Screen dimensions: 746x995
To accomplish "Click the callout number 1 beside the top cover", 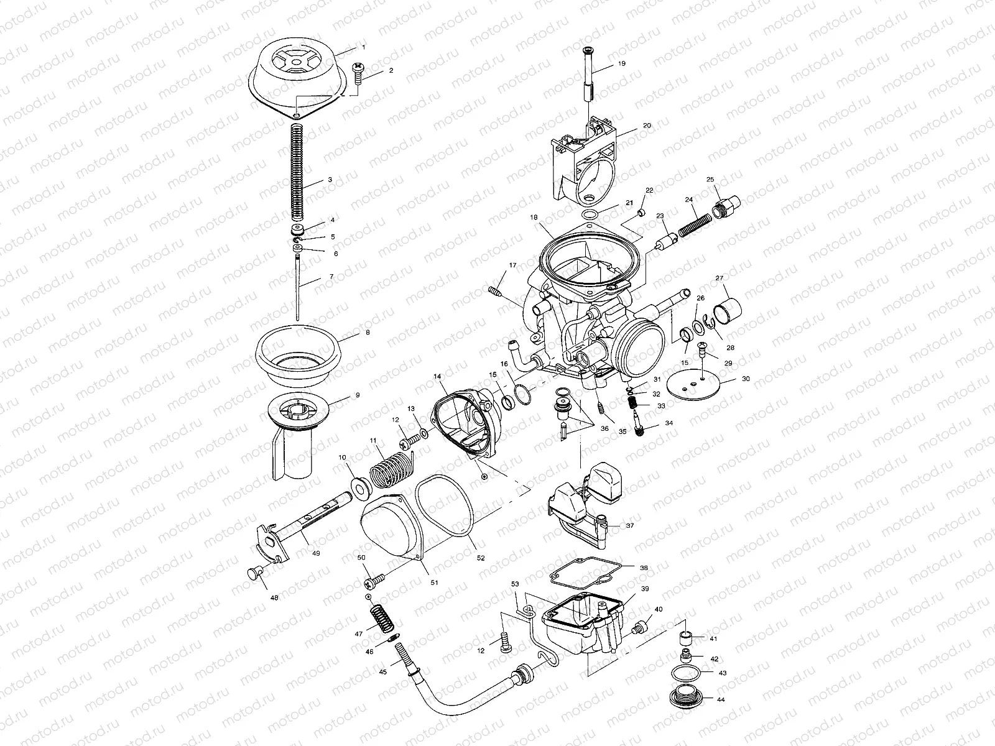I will tap(364, 48).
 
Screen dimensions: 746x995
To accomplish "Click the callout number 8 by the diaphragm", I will tap(368, 333).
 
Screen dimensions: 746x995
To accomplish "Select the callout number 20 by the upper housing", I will tap(647, 125).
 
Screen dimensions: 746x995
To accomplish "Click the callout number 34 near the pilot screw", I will tap(669, 423).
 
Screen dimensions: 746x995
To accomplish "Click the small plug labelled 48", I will tap(254, 573).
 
